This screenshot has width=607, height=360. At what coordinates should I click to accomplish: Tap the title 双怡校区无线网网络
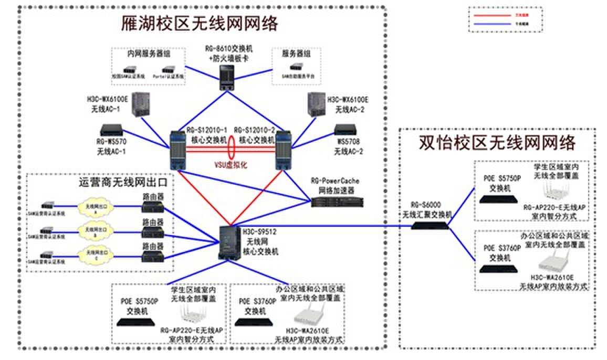497,143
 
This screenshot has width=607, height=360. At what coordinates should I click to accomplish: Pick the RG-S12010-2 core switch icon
283,150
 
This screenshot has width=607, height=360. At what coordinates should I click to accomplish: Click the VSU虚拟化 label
230,164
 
